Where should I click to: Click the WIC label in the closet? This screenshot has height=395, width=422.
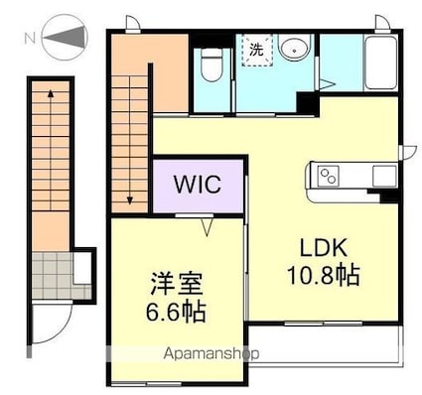tap(198, 185)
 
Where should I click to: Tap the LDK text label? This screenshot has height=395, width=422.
tap(324, 248)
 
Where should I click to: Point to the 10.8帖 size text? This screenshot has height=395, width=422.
tap(324, 275)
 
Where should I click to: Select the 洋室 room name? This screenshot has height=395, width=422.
tap(176, 284)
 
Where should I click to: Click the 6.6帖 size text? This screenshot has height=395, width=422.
tap(176, 312)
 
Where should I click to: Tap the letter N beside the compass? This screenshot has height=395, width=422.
tap(30, 39)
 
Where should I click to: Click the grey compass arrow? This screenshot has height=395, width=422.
tap(65, 37)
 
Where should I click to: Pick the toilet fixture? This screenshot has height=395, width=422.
tap(211, 66)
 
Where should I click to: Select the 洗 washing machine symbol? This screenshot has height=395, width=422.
tap(257, 50)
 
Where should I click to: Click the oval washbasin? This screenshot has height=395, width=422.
tap(294, 47)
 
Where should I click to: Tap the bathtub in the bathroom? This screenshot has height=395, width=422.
tap(380, 63)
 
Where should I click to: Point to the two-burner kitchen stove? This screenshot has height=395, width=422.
tap(328, 176)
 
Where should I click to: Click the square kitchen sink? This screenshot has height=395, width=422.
tap(384, 176)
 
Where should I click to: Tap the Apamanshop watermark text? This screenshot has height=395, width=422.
tap(211, 353)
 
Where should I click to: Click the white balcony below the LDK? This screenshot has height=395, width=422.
tap(326, 344)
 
